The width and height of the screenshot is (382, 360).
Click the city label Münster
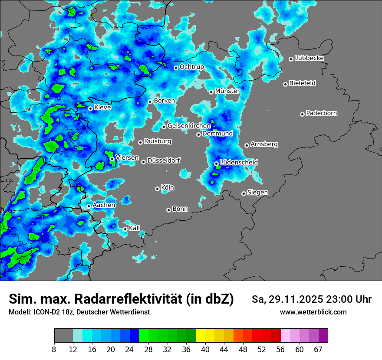click(x=227, y=91)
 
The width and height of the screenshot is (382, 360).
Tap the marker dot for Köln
click(x=157, y=189)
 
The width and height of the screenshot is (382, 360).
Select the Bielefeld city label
click(x=302, y=83)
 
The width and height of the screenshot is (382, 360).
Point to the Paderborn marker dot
click(x=302, y=114)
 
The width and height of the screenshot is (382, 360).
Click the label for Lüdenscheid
click(x=239, y=163)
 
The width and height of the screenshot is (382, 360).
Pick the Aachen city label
click(x=104, y=205)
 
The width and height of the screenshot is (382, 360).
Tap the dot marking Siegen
click(x=244, y=193)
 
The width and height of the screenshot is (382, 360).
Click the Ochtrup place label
click(x=191, y=67)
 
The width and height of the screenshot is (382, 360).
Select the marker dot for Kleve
click(x=90, y=108)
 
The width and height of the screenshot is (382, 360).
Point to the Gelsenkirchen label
click(x=189, y=126)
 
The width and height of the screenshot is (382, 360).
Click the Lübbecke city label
click(x=309, y=58)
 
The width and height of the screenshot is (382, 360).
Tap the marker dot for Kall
click(x=125, y=229)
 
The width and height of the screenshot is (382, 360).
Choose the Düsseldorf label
click(x=164, y=161)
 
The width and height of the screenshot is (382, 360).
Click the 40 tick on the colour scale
click(x=205, y=350)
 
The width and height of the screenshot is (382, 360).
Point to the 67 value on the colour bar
click(x=318, y=350)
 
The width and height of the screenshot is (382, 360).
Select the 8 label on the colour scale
click(x=54, y=350)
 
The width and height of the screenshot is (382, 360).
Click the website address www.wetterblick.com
click(x=313, y=312)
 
